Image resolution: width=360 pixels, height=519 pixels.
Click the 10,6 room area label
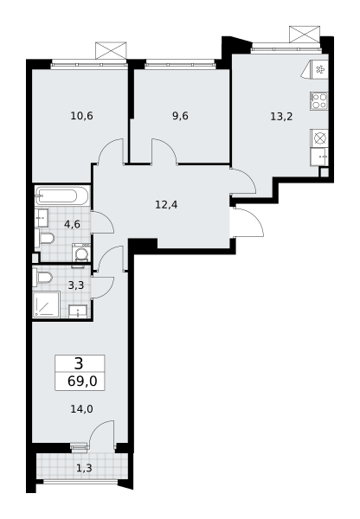81,116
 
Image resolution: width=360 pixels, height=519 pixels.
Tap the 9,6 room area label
180,116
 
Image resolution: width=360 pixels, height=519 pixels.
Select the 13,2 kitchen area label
281,117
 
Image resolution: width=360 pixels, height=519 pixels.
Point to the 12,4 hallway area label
166,205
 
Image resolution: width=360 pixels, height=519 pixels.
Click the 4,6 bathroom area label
72,224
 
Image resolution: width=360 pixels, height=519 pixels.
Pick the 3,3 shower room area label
76,285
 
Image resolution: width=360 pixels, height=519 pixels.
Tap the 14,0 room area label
81,409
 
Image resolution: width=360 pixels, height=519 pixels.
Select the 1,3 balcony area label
84,468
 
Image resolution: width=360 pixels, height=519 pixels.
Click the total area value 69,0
82,381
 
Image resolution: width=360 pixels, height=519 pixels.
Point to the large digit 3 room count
79,364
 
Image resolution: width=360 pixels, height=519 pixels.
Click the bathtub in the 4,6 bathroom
62,196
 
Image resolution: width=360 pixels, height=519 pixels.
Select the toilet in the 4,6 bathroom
45,238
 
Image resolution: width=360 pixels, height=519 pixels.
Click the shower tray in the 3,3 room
46,304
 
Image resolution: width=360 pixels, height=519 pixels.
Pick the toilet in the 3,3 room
42,278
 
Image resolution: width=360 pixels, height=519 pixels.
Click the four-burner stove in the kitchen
319,101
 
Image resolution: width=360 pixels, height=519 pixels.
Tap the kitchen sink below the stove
319,157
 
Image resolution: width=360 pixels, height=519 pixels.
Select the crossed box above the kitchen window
305,34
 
